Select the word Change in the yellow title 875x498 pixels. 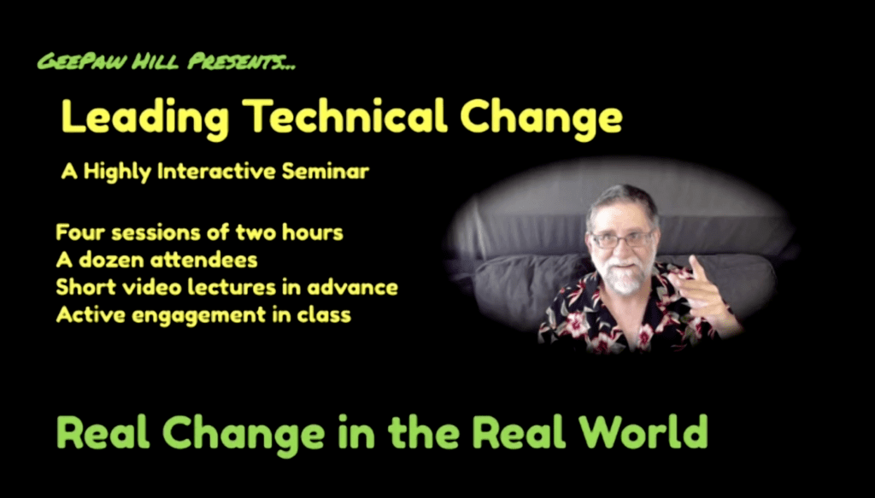tap(541, 118)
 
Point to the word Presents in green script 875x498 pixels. tap(240, 61)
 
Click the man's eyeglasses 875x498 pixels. tap(622, 240)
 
